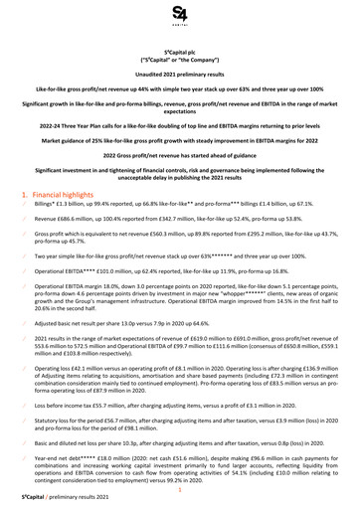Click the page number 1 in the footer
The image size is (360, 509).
(x=180, y=489)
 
